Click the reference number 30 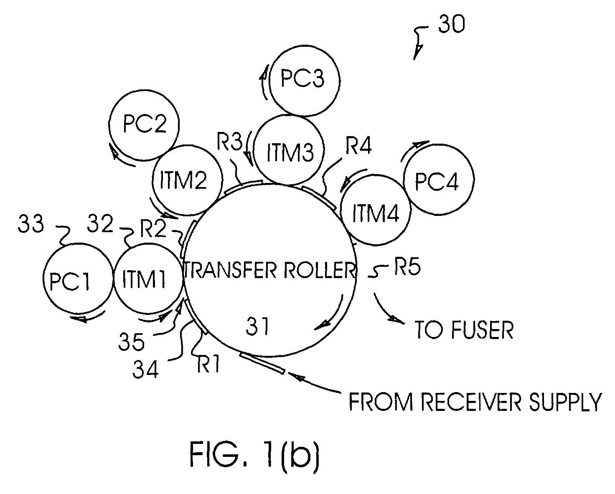[452, 24]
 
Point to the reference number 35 [132, 342]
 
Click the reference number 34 [145, 370]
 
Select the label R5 [407, 267]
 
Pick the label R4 [358, 145]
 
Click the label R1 [208, 363]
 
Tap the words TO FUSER [464, 330]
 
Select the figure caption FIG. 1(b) [254, 454]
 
